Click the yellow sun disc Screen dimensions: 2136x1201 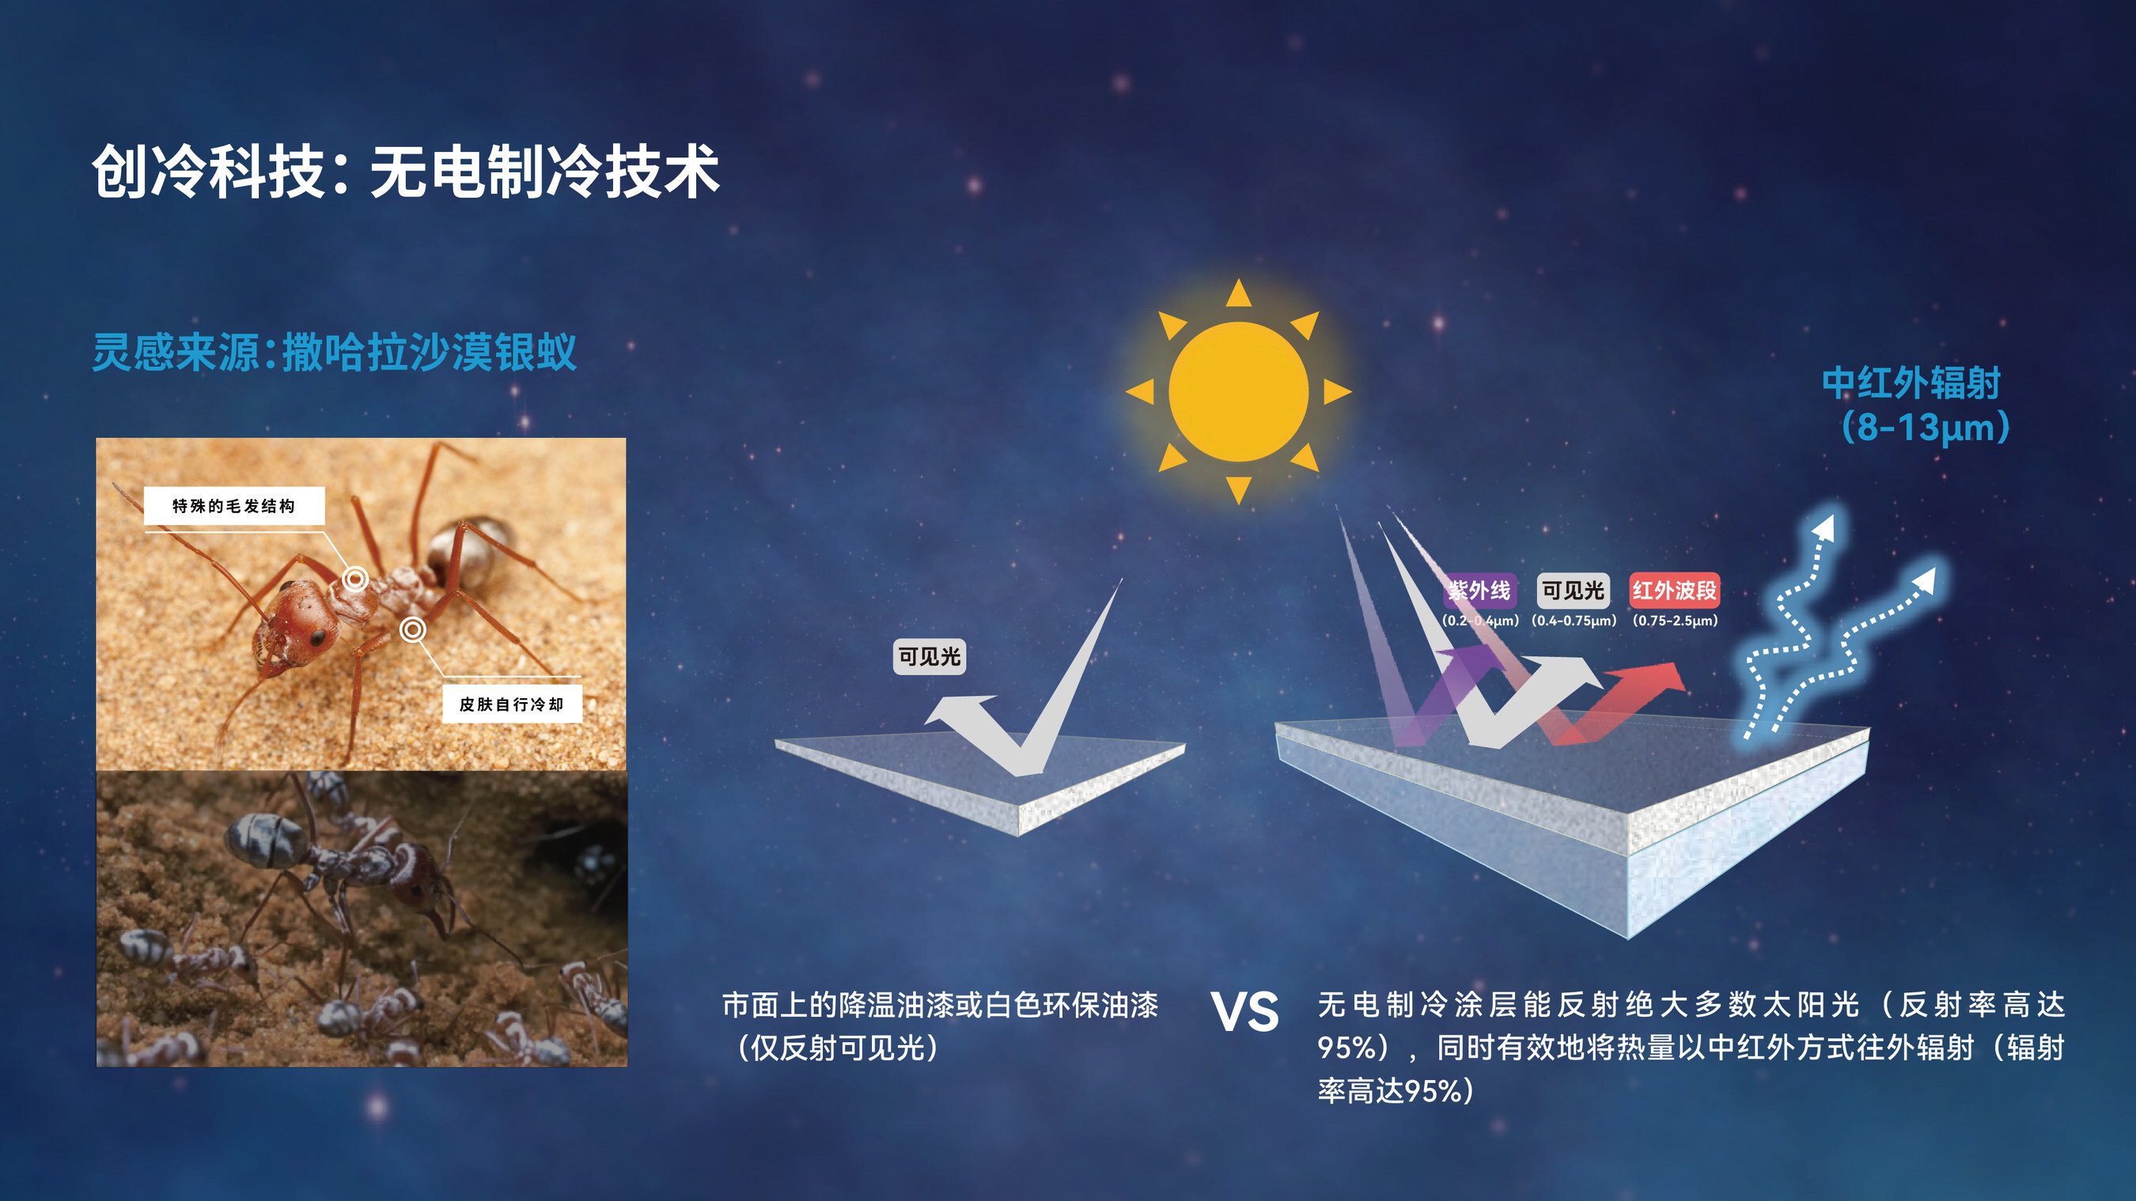pyautogui.click(x=1238, y=391)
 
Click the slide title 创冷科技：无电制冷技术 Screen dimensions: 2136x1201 pyautogui.click(x=406, y=172)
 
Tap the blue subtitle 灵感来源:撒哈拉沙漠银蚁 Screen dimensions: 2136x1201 pyautogui.click(x=334, y=353)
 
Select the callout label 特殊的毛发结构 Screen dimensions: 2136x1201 pyautogui.click(x=234, y=505)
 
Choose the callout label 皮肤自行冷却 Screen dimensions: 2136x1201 pyautogui.click(x=512, y=704)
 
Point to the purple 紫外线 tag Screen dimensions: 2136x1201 pyautogui.click(x=1480, y=590)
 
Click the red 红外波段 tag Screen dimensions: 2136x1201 pyautogui.click(x=1674, y=590)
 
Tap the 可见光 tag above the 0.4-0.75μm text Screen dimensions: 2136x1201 pyautogui.click(x=1573, y=590)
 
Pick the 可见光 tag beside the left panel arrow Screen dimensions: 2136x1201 pyautogui.click(x=930, y=656)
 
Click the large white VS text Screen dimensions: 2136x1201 pyautogui.click(x=1244, y=1012)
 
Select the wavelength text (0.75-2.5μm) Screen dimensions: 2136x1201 pyautogui.click(x=1675, y=620)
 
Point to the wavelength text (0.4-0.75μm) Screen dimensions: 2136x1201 pyautogui.click(x=1574, y=620)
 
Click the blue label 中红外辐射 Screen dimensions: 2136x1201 pyautogui.click(x=1911, y=383)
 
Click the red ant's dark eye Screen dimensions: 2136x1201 pyautogui.click(x=317, y=638)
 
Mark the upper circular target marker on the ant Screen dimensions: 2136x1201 pyautogui.click(x=356, y=579)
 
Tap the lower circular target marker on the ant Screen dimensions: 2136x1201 pyautogui.click(x=413, y=630)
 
